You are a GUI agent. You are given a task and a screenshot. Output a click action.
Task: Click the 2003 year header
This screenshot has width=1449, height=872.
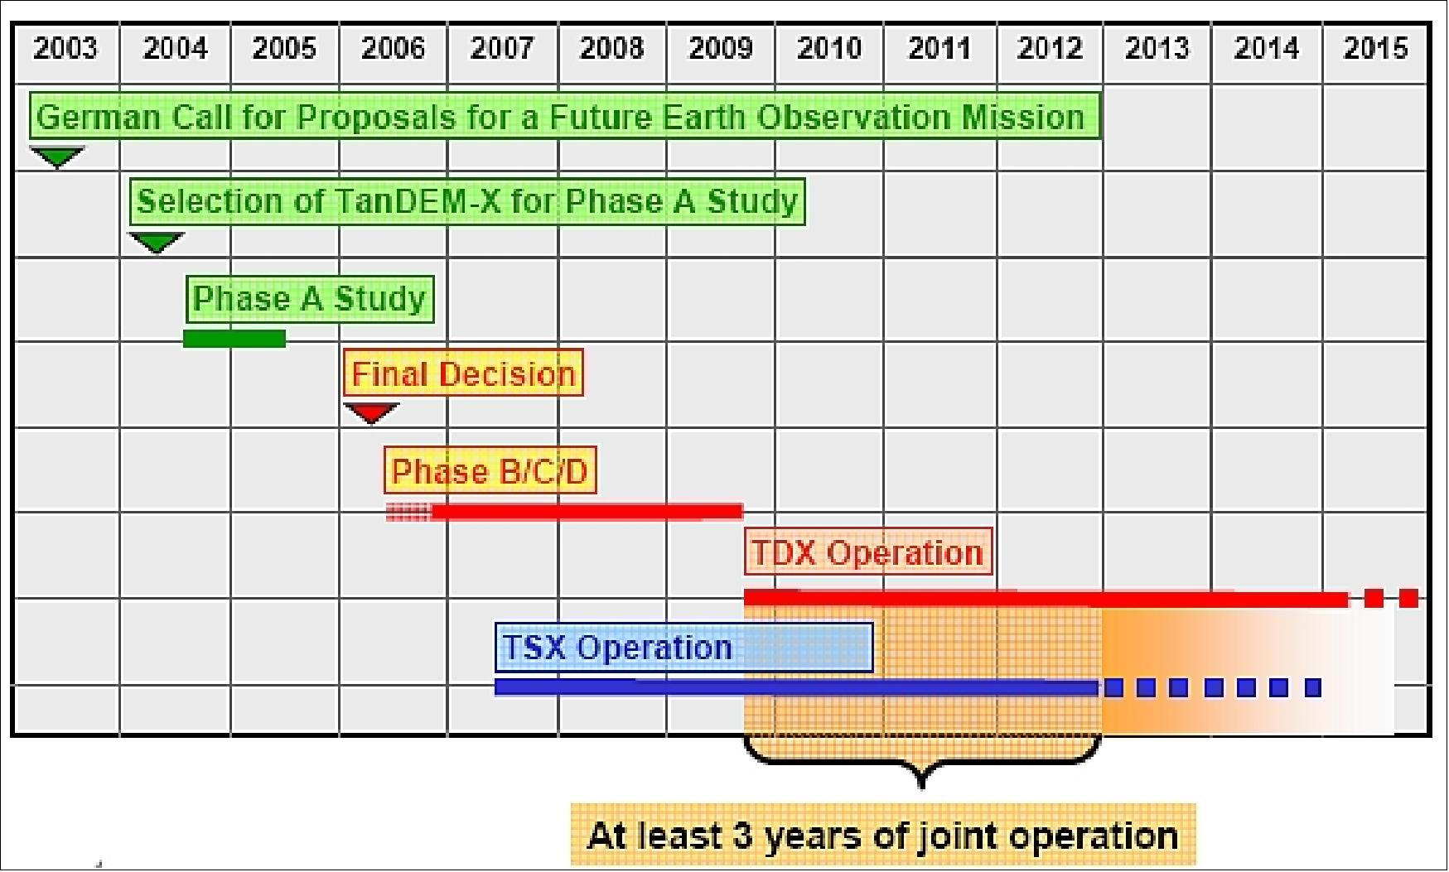click(x=65, y=48)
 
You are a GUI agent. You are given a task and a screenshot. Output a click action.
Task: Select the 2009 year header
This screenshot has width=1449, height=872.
click(x=720, y=48)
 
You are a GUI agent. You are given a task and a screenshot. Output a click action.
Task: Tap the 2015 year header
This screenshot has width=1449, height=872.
click(x=1375, y=48)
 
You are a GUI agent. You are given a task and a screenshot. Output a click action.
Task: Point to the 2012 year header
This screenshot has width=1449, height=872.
click(x=1049, y=48)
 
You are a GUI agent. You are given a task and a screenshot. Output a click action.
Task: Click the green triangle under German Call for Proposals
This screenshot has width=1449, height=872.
click(x=56, y=156)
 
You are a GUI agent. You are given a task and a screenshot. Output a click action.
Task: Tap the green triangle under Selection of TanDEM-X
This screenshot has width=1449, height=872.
click(x=156, y=242)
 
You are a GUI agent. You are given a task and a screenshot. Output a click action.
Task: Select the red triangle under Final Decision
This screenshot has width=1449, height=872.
click(x=370, y=412)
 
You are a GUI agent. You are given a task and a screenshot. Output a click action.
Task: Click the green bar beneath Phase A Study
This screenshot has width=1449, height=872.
click(x=234, y=338)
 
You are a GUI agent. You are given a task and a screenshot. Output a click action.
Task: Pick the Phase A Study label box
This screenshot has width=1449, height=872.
click(x=310, y=299)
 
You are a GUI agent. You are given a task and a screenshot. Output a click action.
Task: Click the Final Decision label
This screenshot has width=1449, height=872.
click(x=463, y=373)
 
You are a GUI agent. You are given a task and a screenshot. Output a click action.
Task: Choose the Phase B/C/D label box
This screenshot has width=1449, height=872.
click(x=490, y=471)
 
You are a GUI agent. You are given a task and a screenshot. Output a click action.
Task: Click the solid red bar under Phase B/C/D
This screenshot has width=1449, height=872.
click(x=587, y=512)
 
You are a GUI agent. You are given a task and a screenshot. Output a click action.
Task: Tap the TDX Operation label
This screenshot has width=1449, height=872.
click(x=867, y=552)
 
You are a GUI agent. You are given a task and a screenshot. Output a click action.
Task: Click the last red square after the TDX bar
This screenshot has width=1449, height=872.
click(x=1408, y=598)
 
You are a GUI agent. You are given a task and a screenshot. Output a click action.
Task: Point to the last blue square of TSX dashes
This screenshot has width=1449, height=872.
click(x=1312, y=687)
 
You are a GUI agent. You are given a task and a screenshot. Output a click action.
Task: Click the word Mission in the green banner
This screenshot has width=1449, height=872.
click(x=1022, y=117)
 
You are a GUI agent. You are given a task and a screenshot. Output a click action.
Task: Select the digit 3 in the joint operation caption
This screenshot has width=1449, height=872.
click(x=741, y=836)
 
